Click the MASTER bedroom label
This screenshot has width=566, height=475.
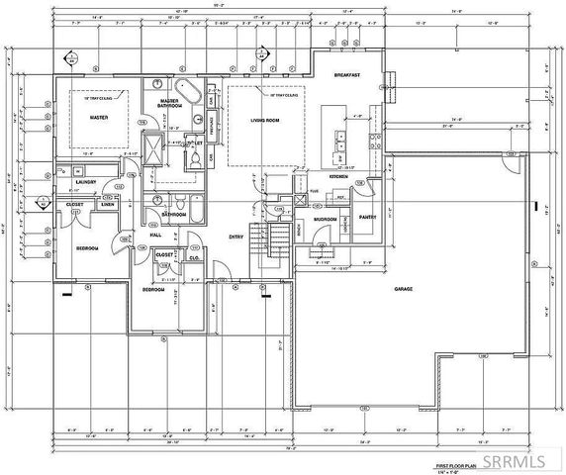click(99, 117)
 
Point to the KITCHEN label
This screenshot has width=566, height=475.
click(345, 176)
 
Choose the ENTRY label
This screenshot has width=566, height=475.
click(236, 237)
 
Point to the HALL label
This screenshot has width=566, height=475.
click(154, 235)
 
